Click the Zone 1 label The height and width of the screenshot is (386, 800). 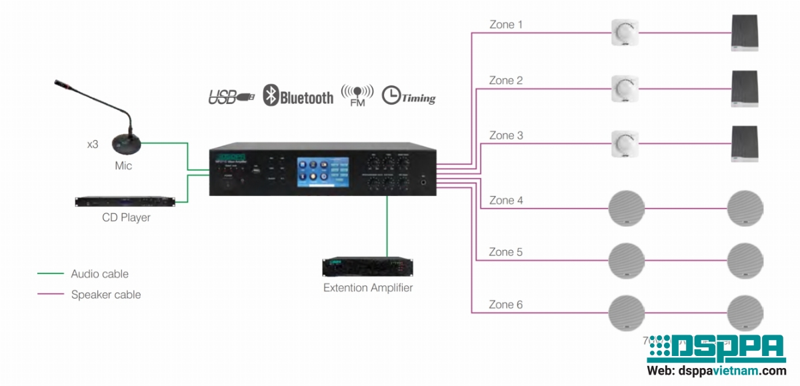[506, 25]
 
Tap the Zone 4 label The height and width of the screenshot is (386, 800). [506, 200]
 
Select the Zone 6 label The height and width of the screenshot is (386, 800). [506, 305]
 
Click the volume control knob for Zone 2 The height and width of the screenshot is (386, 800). [625, 87]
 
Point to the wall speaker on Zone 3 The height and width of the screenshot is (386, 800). [744, 143]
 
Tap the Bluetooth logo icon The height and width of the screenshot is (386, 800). [270, 95]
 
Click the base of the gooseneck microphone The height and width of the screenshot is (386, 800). [126, 143]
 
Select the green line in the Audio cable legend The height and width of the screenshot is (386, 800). [50, 273]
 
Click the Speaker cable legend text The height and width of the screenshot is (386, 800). [106, 294]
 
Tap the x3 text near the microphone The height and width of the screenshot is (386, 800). [93, 144]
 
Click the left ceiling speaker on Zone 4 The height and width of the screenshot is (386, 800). [627, 208]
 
